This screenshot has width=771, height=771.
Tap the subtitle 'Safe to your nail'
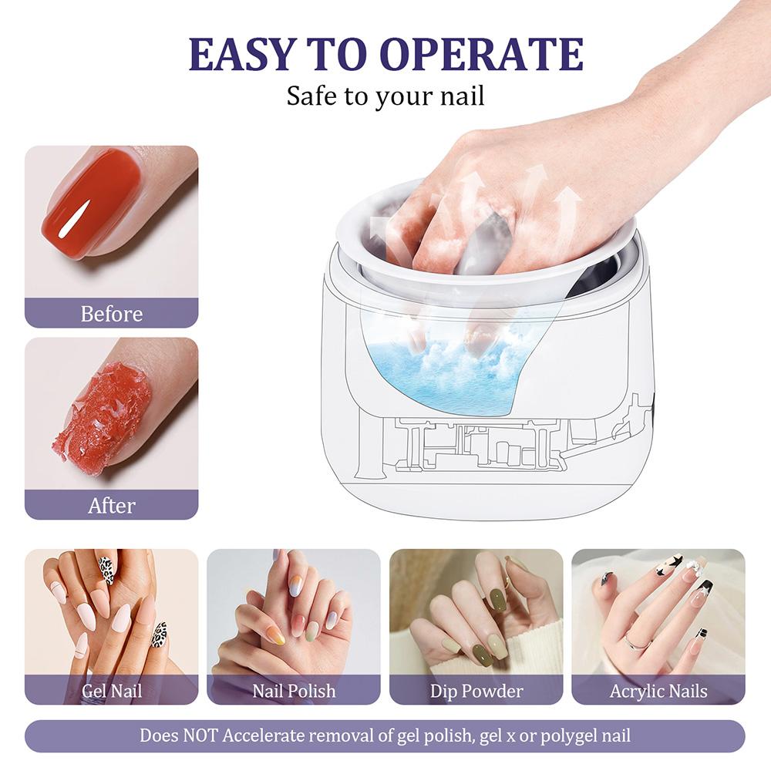click(385, 96)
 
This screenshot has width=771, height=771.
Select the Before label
click(112, 314)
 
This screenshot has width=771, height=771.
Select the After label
click(112, 505)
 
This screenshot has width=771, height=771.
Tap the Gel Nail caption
click(112, 690)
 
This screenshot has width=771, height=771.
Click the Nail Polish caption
click(294, 690)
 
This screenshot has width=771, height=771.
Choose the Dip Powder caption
click(476, 690)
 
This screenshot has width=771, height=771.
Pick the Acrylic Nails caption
click(658, 690)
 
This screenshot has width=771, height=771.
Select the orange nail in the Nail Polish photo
click(276, 635)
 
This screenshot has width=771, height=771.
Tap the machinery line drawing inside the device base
click(478, 447)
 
